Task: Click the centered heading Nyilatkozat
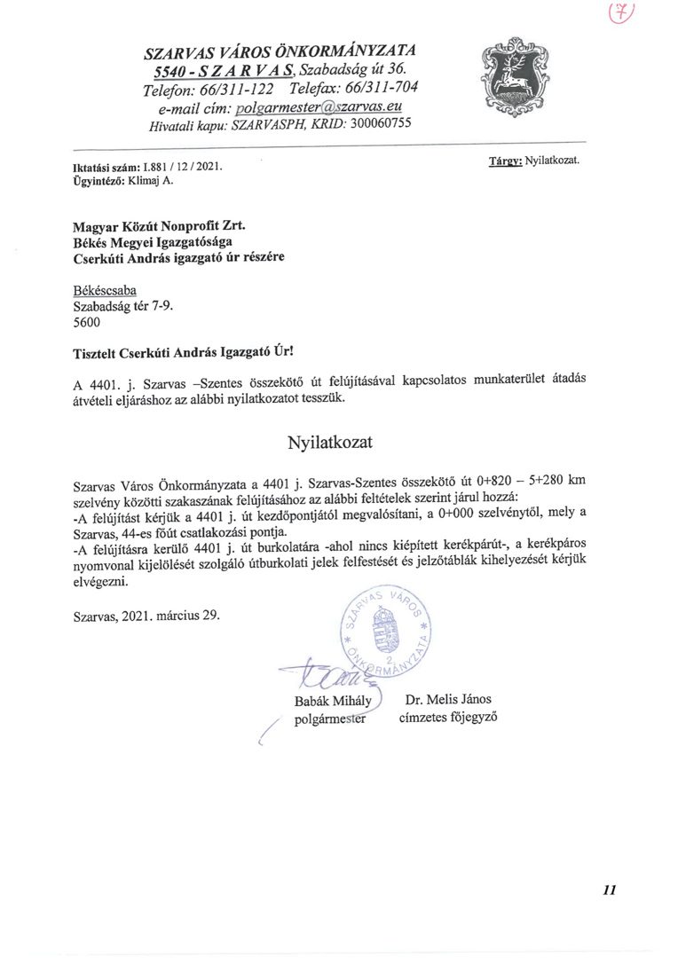coord(324,441)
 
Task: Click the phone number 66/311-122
coord(238,89)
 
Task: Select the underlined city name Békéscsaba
coord(105,291)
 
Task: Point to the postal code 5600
coord(86,323)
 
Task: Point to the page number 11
coord(608,890)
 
